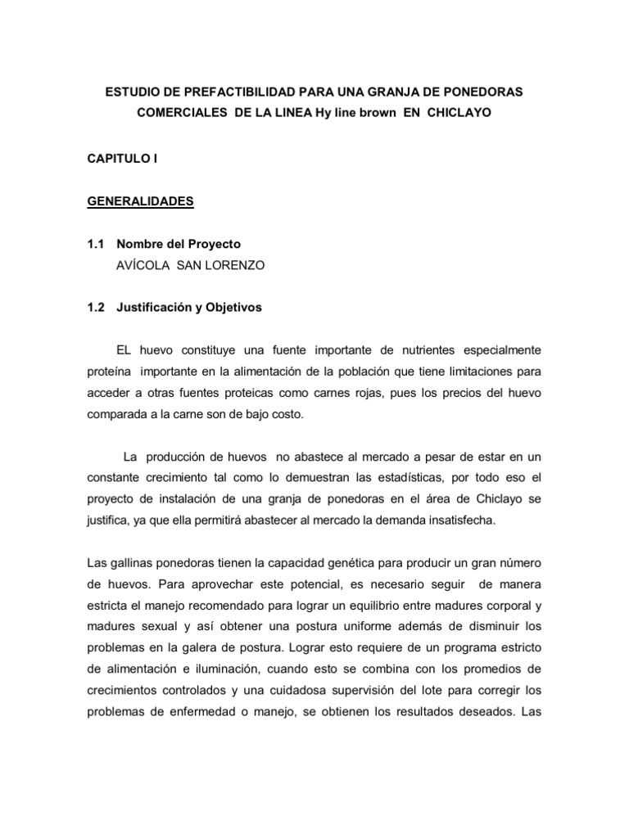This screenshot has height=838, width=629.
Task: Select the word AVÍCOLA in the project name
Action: point(144,265)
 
